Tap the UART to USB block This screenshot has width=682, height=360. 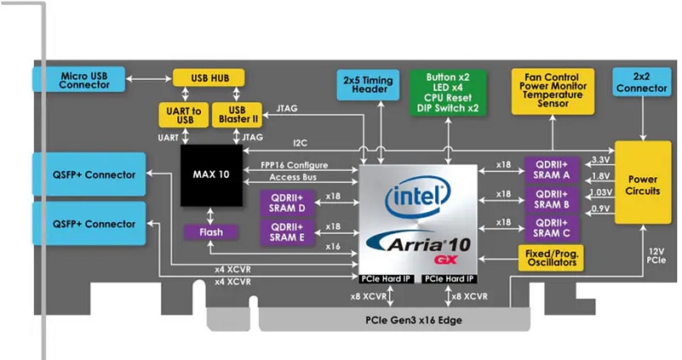(x=181, y=114)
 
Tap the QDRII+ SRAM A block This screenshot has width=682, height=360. (x=551, y=168)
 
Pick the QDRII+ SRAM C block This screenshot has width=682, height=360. (x=551, y=227)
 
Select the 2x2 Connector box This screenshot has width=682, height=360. (x=643, y=83)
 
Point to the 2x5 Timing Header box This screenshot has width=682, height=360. (x=370, y=86)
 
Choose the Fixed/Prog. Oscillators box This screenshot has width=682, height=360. (x=552, y=258)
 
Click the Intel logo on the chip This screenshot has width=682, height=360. (x=417, y=197)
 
